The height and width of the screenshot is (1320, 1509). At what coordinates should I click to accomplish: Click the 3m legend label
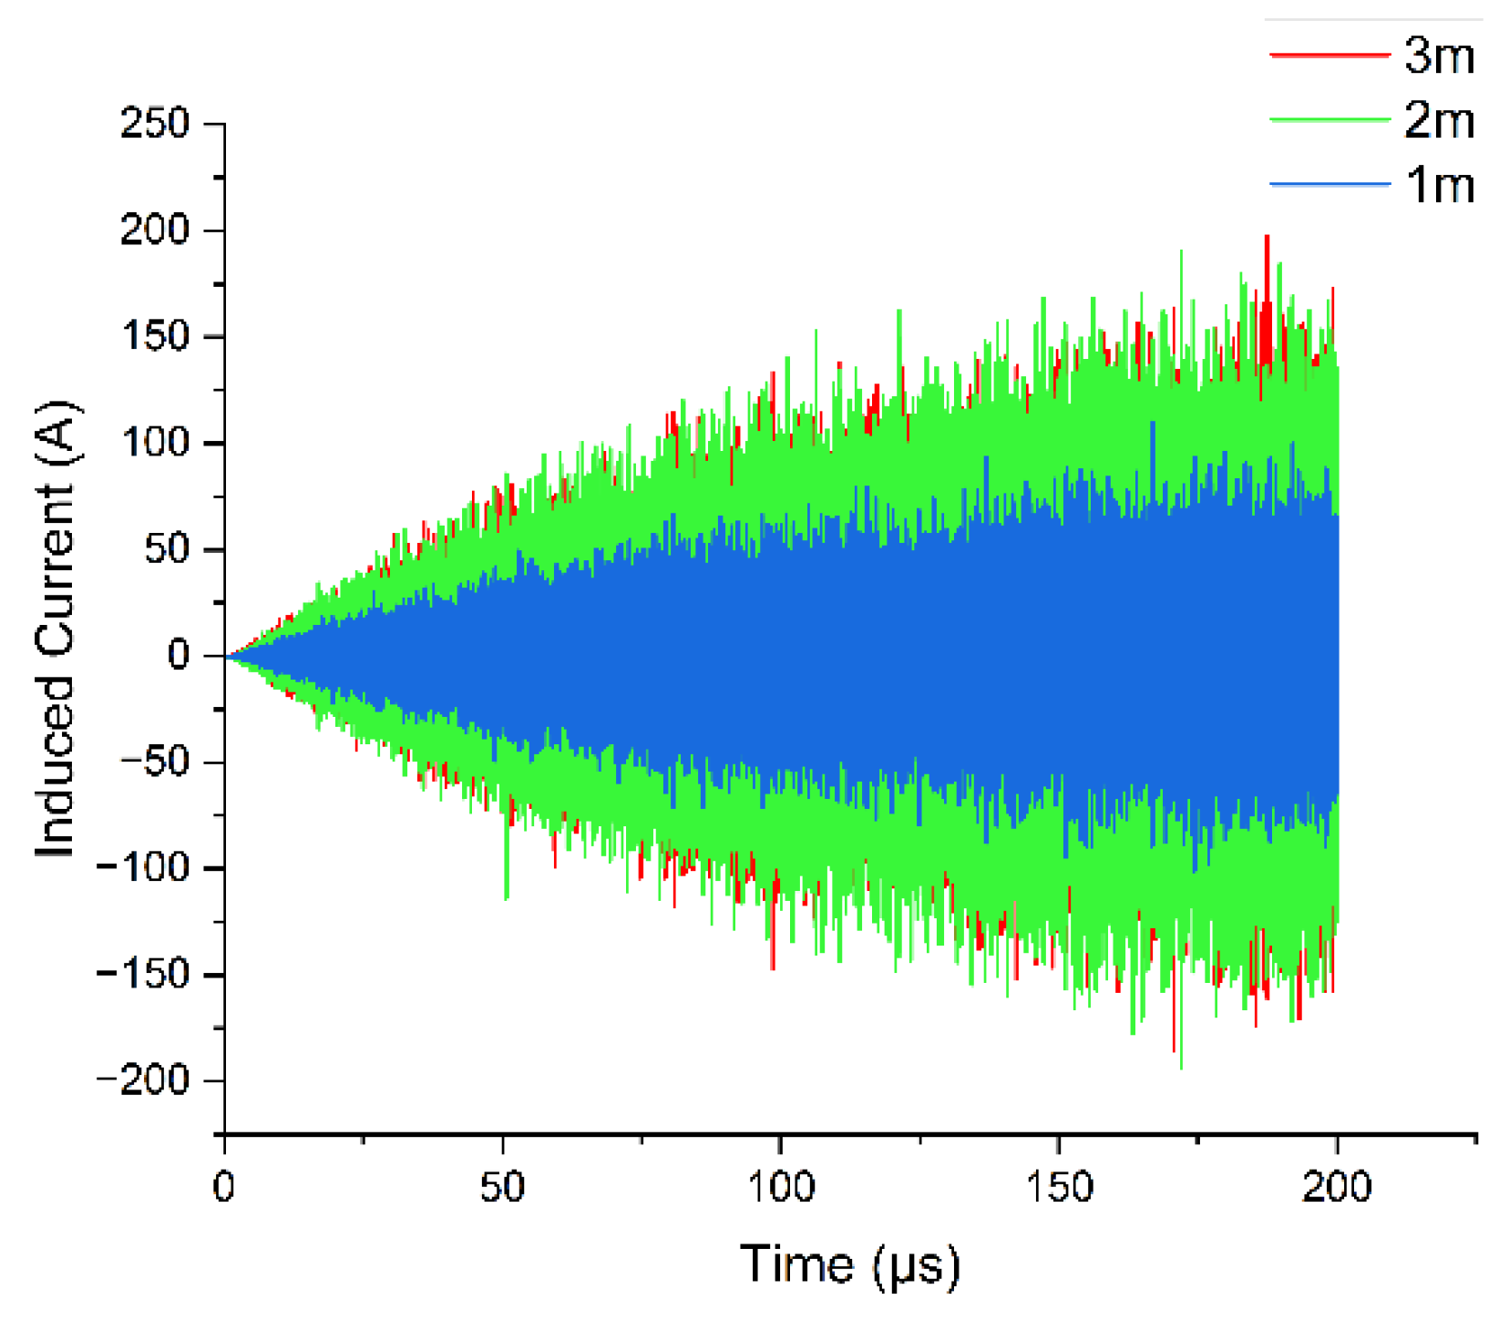click(1439, 56)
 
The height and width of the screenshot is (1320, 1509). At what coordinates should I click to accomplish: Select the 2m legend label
click(1439, 120)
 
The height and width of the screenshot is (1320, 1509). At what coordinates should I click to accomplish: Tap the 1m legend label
click(1440, 185)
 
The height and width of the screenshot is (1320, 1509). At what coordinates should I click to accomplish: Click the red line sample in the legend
click(1329, 56)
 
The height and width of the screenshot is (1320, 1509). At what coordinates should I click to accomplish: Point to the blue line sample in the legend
click(1329, 185)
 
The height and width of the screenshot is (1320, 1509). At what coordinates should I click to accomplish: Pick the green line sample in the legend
click(1329, 120)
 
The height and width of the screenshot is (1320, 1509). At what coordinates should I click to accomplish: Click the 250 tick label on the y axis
click(155, 123)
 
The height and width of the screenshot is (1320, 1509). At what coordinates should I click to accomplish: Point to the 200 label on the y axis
click(155, 230)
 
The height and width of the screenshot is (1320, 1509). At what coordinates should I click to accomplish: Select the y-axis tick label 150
click(155, 336)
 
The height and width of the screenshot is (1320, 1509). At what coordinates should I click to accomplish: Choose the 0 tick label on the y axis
click(179, 655)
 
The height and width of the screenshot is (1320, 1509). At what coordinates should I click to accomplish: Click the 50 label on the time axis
click(502, 1187)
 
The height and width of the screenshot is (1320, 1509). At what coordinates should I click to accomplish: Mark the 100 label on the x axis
click(780, 1187)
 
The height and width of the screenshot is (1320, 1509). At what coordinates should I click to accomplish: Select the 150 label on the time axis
click(1059, 1187)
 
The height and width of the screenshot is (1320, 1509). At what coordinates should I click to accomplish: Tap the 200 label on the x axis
click(1337, 1187)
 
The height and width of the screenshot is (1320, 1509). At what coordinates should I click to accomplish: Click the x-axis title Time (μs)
click(850, 1264)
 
